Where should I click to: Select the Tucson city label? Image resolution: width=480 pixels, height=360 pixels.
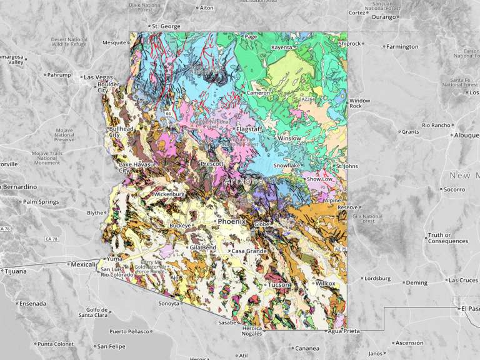(279, 284)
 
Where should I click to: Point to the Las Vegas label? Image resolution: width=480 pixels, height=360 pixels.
(97, 77)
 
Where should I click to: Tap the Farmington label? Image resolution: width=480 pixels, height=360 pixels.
(402, 46)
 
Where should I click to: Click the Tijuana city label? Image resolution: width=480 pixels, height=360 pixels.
(16, 271)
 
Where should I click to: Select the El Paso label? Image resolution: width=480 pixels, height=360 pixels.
(470, 308)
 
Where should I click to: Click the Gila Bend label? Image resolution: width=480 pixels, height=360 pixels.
(204, 247)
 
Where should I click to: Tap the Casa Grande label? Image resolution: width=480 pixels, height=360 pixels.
(246, 251)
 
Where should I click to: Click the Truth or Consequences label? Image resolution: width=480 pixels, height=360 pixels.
(447, 238)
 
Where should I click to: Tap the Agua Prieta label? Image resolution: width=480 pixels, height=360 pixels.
(344, 332)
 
